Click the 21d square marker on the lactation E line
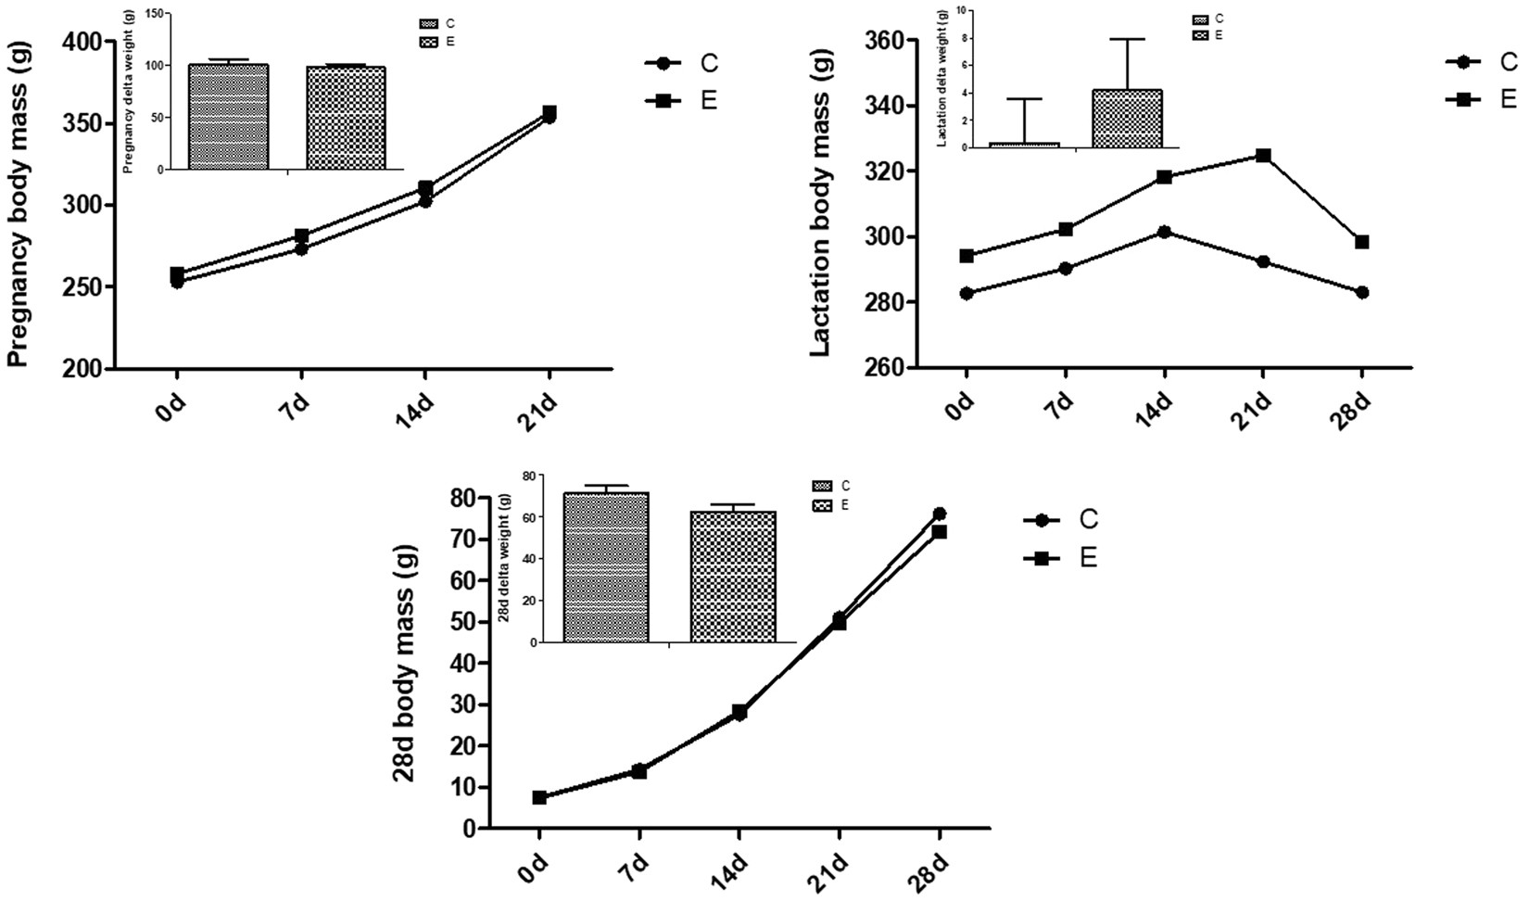pyautogui.click(x=1263, y=156)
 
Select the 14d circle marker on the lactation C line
pyautogui.click(x=1164, y=232)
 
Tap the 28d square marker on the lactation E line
pyautogui.click(x=1362, y=242)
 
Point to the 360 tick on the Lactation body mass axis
pyautogui.click(x=884, y=42)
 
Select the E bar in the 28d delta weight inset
pyautogui.click(x=733, y=577)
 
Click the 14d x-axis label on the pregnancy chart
pyautogui.click(x=413, y=406)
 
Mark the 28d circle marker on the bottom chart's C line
pyautogui.click(x=939, y=514)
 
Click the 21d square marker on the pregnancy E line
pyautogui.click(x=550, y=112)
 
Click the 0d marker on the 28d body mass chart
pyautogui.click(x=539, y=797)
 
